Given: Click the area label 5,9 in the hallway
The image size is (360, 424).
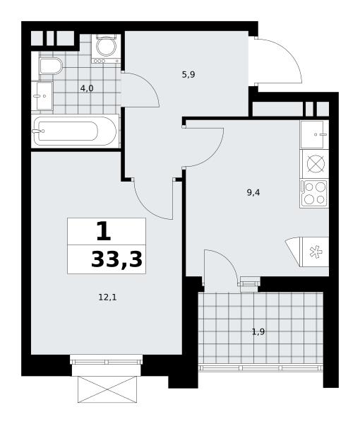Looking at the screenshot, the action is pyautogui.click(x=188, y=75).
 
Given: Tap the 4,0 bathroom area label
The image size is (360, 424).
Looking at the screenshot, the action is pyautogui.click(x=87, y=88).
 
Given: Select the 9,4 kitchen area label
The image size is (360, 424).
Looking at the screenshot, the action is pyautogui.click(x=253, y=193).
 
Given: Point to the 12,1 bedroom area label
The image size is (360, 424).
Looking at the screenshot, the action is pyautogui.click(x=107, y=298).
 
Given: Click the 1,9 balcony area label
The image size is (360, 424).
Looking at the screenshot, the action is pyautogui.click(x=258, y=332).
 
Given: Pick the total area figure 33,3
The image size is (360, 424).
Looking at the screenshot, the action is pyautogui.click(x=116, y=259).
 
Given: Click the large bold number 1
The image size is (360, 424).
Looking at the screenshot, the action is pyautogui.click(x=104, y=231).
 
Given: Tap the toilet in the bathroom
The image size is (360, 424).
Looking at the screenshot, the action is pyautogui.click(x=51, y=66).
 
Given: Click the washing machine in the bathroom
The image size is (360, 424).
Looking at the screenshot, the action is pyautogui.click(x=106, y=48).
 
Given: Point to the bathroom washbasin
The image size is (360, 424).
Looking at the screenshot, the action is pyautogui.click(x=42, y=95).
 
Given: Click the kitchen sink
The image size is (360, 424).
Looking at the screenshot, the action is pyautogui.click(x=314, y=134).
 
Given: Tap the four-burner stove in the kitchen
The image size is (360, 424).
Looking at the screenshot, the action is pyautogui.click(x=314, y=193).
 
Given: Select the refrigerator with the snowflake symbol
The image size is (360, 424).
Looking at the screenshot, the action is pyautogui.click(x=314, y=252).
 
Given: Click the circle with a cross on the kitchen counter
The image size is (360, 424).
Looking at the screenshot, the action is pyautogui.click(x=315, y=164).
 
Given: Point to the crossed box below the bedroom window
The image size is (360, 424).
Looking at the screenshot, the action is pyautogui.click(x=107, y=389).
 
